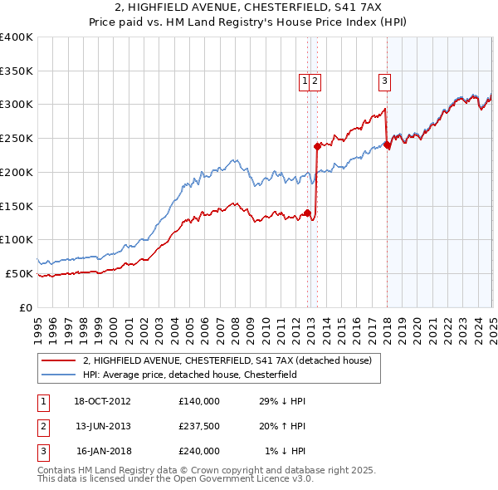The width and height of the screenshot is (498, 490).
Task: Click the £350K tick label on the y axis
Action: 17,71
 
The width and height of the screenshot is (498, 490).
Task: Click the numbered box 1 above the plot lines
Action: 305,81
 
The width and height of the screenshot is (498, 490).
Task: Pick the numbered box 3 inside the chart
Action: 385,81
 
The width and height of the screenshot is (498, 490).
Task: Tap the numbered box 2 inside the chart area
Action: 316,81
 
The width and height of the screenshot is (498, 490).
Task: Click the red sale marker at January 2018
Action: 387,145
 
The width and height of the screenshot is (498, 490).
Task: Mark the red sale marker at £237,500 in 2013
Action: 317,146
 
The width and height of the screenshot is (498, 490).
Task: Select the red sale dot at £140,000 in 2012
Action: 307,213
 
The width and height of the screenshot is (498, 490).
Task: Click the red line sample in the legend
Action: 59,360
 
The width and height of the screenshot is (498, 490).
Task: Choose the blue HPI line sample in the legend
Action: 59,375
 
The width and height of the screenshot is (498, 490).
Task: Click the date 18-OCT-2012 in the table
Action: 103,401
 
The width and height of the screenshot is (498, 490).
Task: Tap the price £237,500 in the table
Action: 199,426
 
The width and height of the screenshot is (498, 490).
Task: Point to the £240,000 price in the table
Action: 199,451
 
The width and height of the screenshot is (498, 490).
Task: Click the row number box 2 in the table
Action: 42,426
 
